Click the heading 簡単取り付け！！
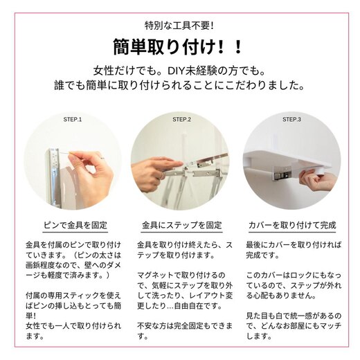pos(179,47)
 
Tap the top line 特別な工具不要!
pos(180,25)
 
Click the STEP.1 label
pos(72,119)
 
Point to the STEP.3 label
pos(291,119)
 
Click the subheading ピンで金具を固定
pos(72,226)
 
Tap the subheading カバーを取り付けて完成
pos(291,226)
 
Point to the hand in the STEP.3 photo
pos(320,181)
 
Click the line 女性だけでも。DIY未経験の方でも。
pos(180,71)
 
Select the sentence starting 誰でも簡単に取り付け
pos(180,87)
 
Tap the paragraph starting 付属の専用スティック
pos(72,316)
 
